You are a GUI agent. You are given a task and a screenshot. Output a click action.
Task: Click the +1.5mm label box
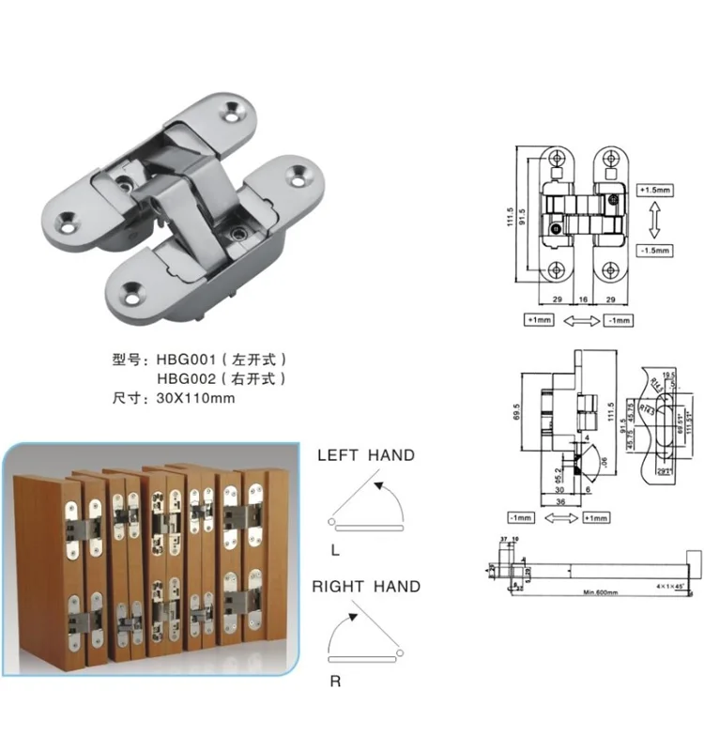point(654,190)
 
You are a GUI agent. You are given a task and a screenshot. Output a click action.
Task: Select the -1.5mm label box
point(654,251)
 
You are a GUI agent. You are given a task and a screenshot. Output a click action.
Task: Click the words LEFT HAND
point(365,455)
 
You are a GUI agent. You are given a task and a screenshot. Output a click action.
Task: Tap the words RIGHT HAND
point(366,587)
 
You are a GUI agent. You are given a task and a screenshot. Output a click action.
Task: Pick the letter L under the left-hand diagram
point(335,547)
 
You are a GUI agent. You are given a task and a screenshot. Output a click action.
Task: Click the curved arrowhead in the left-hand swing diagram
point(378,485)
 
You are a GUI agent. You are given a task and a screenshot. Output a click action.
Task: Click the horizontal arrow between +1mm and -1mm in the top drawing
point(583,320)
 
